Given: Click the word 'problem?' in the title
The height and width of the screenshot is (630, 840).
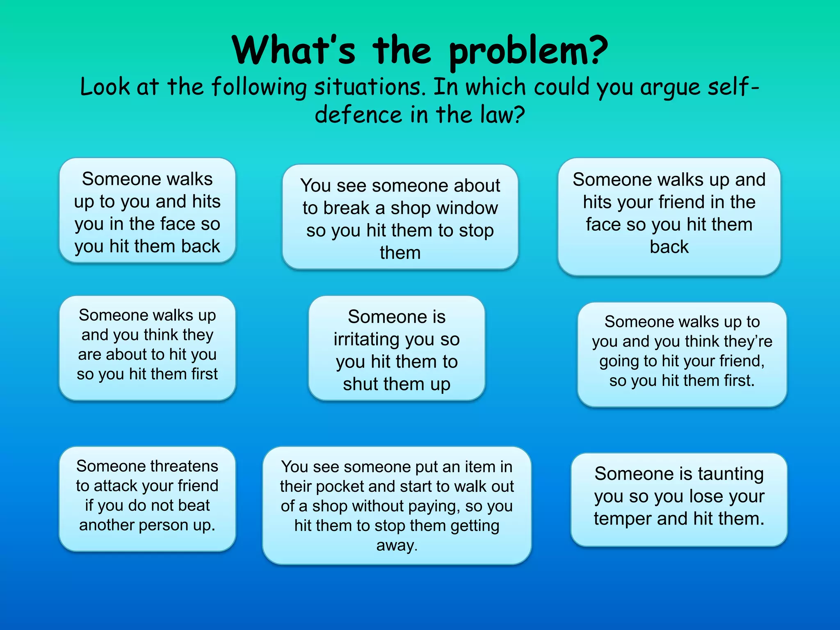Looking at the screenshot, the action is point(528,51).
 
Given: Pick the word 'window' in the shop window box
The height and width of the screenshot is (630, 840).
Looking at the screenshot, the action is point(464,208).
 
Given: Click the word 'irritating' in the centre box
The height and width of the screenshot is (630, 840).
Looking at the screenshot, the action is point(366,340).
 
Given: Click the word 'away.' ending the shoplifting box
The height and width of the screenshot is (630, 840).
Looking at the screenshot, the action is point(397,546).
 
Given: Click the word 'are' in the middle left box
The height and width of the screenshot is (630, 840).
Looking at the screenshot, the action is point(89,355).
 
